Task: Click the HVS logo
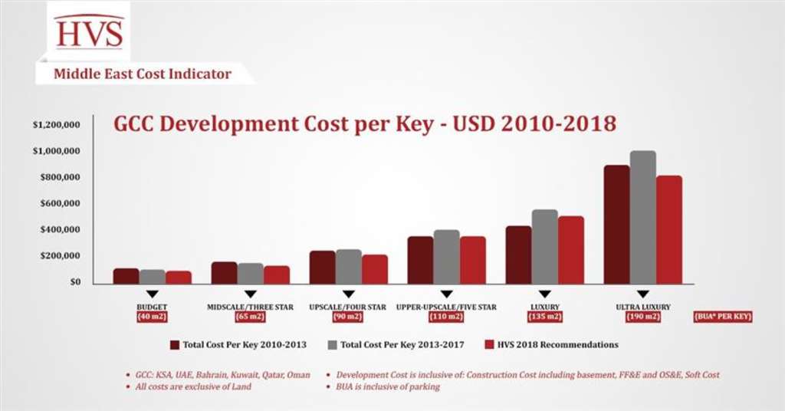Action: (89, 32)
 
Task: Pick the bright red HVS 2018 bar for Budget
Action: (179, 277)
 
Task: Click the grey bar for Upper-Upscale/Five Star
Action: (446, 256)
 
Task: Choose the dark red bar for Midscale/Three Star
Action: (224, 272)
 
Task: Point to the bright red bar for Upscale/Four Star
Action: (375, 268)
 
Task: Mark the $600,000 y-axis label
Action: (61, 203)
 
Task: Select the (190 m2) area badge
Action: (642, 317)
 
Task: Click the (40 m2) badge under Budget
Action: (153, 317)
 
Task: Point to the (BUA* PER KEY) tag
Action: (721, 317)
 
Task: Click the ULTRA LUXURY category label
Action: (642, 307)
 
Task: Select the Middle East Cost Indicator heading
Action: (142, 74)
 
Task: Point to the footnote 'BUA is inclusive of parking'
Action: (388, 387)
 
